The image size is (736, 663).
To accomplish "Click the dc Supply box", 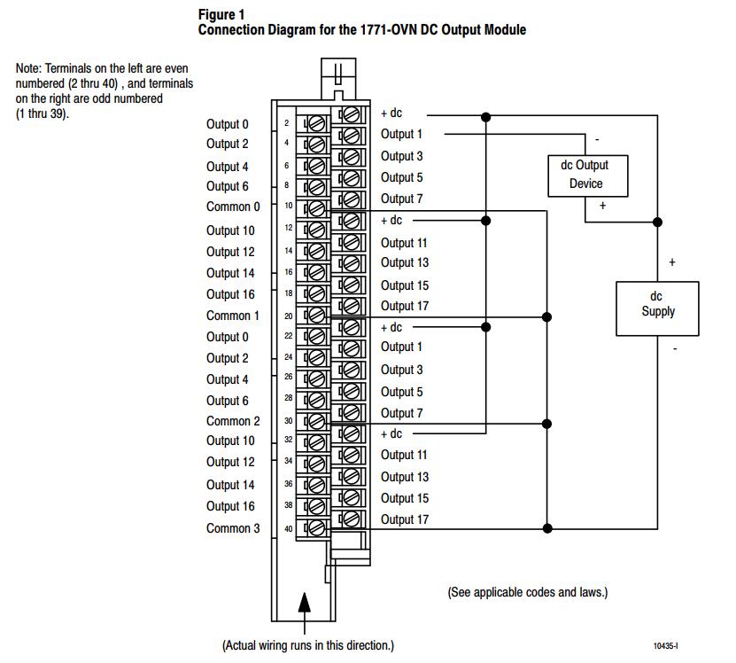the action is [x=657, y=308].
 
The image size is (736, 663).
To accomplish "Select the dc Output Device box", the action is [x=588, y=175].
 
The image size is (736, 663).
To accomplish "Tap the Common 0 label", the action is [x=233, y=207].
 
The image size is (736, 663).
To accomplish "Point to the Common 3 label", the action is [x=233, y=528].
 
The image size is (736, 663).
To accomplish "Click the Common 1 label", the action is [x=232, y=316].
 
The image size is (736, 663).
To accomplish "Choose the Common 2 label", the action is [x=233, y=421].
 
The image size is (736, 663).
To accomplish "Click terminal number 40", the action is [x=288, y=528].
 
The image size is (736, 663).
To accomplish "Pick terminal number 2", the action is [x=286, y=123].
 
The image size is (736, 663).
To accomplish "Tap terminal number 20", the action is [x=288, y=316].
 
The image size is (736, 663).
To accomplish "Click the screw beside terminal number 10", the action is [x=317, y=208].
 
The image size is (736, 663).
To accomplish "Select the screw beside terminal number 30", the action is [x=317, y=421].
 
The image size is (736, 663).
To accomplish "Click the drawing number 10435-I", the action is [x=665, y=645].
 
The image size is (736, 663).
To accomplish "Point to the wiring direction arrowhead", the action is [x=305, y=603].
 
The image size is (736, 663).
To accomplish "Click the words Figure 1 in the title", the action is [x=221, y=15].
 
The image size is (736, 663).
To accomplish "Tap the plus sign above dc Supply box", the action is [x=672, y=262].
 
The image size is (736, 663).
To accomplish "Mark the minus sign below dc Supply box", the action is [x=675, y=348].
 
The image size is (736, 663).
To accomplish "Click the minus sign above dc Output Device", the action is [x=597, y=139].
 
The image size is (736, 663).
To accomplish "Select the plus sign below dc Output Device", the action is [x=602, y=206].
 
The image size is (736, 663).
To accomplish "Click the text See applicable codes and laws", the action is [x=528, y=592].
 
